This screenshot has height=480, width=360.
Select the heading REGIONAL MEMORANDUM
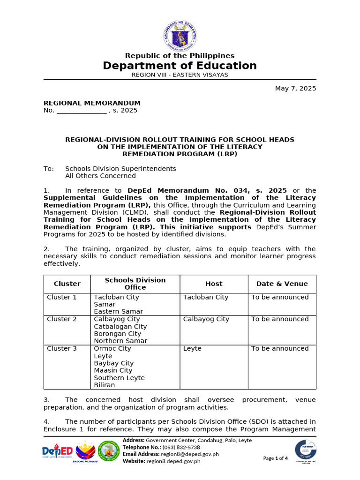click(x=92, y=103)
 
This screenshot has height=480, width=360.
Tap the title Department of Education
click(x=180, y=66)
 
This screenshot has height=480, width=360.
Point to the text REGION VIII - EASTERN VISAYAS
click(x=180, y=75)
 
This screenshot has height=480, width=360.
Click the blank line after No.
click(x=82, y=111)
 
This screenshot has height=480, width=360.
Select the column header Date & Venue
click(x=282, y=284)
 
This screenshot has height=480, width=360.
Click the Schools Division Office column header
click(x=135, y=284)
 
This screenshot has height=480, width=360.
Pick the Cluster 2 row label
click(x=62, y=319)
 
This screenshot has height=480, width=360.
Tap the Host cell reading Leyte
click(x=192, y=349)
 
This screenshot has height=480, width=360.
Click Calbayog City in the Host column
click(x=206, y=319)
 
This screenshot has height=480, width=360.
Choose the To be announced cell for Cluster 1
click(x=280, y=297)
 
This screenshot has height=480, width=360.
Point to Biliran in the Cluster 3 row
click(x=104, y=385)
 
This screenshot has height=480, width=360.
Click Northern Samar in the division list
click(x=120, y=341)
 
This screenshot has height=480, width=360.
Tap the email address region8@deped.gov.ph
click(x=189, y=454)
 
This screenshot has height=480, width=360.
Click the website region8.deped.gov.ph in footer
click(x=173, y=461)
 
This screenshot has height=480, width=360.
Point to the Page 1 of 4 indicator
click(x=276, y=458)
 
